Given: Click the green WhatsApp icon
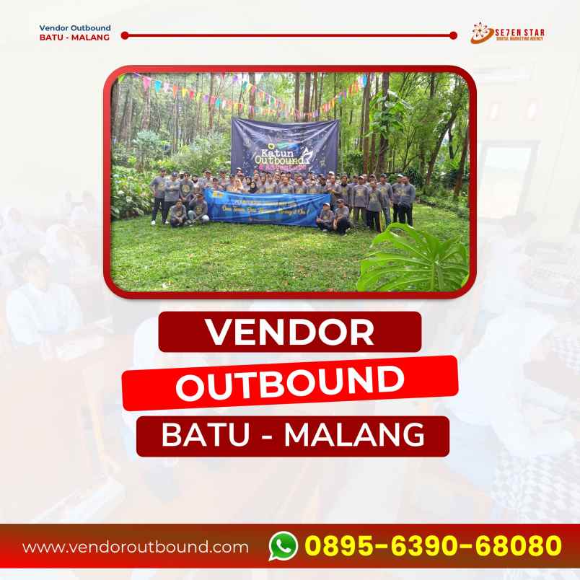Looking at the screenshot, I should point(284,545).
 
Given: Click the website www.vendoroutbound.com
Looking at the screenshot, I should point(136,547).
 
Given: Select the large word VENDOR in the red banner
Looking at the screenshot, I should point(290,332).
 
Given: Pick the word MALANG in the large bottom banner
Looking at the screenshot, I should point(354,435).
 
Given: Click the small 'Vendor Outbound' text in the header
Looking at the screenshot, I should point(75,28).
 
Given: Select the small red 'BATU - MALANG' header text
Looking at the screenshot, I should point(75,38).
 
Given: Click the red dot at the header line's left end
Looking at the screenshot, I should point(125,35).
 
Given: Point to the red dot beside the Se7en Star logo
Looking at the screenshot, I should point(453,35).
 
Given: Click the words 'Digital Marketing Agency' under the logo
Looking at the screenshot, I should point(515,40).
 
